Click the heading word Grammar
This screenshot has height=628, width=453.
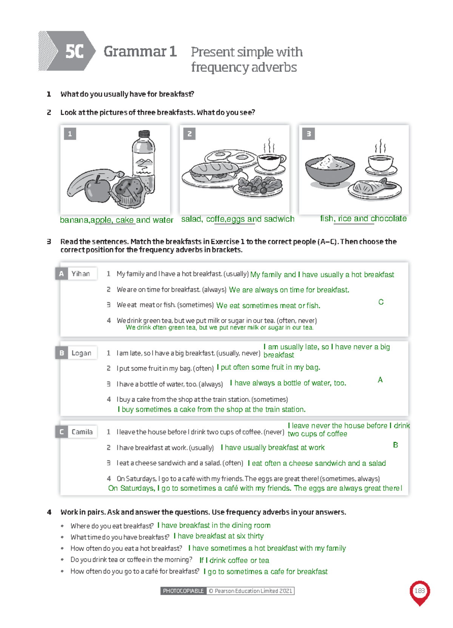click(135, 51)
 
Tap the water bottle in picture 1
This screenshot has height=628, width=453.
click(143, 159)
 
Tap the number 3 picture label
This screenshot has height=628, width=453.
click(308, 133)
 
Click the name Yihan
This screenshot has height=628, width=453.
click(81, 274)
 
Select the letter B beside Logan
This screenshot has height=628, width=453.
click(62, 353)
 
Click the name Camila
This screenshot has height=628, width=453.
click(82, 432)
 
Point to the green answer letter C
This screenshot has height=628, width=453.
click(381, 302)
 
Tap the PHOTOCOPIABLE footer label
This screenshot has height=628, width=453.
click(183, 591)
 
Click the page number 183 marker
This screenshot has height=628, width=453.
click(419, 591)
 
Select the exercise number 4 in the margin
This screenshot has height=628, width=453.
click(49, 512)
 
